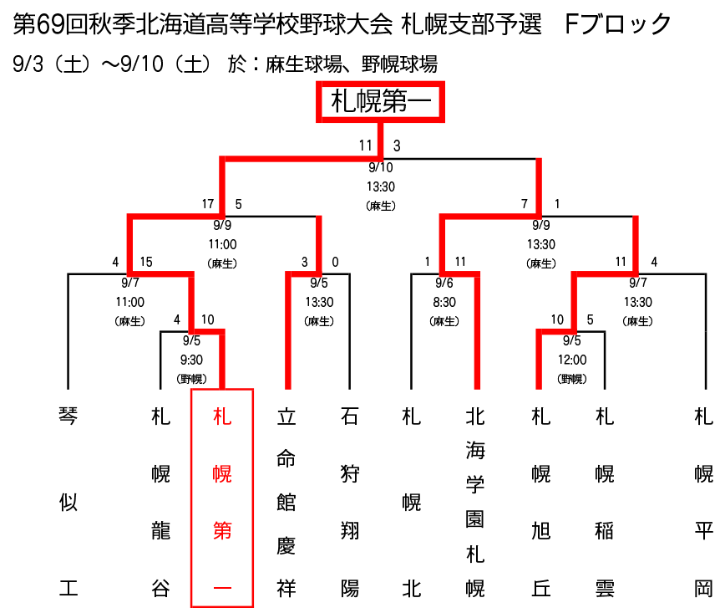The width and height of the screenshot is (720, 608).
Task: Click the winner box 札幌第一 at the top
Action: point(380,102)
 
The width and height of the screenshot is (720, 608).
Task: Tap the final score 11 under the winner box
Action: point(365,146)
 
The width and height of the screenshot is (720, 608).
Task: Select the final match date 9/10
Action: point(381,167)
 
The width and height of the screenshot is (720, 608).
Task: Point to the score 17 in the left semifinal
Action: point(208,204)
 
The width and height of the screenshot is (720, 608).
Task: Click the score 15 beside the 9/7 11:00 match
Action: point(146,262)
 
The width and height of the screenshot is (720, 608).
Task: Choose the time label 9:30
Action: point(191,360)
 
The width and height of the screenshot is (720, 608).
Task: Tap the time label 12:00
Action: point(572,360)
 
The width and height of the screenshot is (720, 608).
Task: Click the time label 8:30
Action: point(444,302)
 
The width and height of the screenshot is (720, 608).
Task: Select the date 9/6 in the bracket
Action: point(444,283)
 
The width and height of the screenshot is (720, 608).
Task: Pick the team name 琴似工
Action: point(68,503)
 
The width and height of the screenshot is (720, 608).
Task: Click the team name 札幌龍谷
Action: point(160,503)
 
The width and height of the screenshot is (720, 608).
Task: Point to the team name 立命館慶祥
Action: point(286,503)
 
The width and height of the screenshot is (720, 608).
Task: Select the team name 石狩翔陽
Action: point(349,503)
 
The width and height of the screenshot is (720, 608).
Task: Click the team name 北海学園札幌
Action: point(475,503)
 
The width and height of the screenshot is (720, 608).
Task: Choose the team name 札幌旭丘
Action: point(541,503)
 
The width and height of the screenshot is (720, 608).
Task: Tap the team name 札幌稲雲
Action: point(604,503)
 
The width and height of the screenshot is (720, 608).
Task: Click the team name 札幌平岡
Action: point(703,503)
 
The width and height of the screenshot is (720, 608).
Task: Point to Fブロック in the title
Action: point(618,24)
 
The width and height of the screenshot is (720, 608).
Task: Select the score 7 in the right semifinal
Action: point(525,204)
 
